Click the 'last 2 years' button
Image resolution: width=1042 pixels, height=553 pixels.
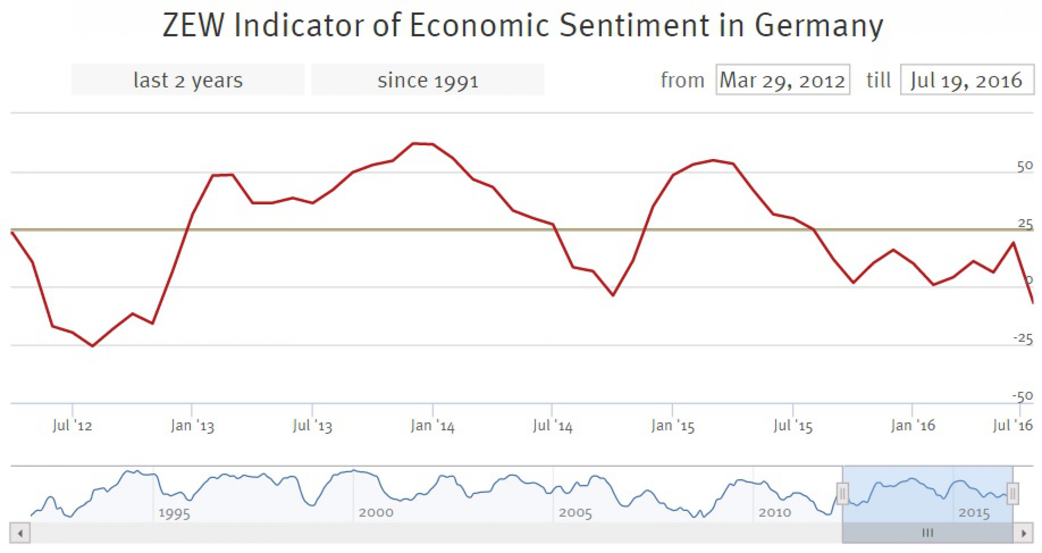[188, 80]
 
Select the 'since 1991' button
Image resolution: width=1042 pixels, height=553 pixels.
[428, 80]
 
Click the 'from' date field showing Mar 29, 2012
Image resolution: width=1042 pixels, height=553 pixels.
[782, 80]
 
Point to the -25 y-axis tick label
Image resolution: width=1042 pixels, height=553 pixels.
[1023, 338]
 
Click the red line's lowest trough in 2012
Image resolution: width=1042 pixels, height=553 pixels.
[93, 346]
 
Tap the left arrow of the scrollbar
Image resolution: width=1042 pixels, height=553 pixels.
[20, 533]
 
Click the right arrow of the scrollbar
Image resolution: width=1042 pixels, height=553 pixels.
[1024, 533]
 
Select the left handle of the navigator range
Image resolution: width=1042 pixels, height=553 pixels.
[842, 494]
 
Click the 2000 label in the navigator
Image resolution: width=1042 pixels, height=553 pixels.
[376, 513]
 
